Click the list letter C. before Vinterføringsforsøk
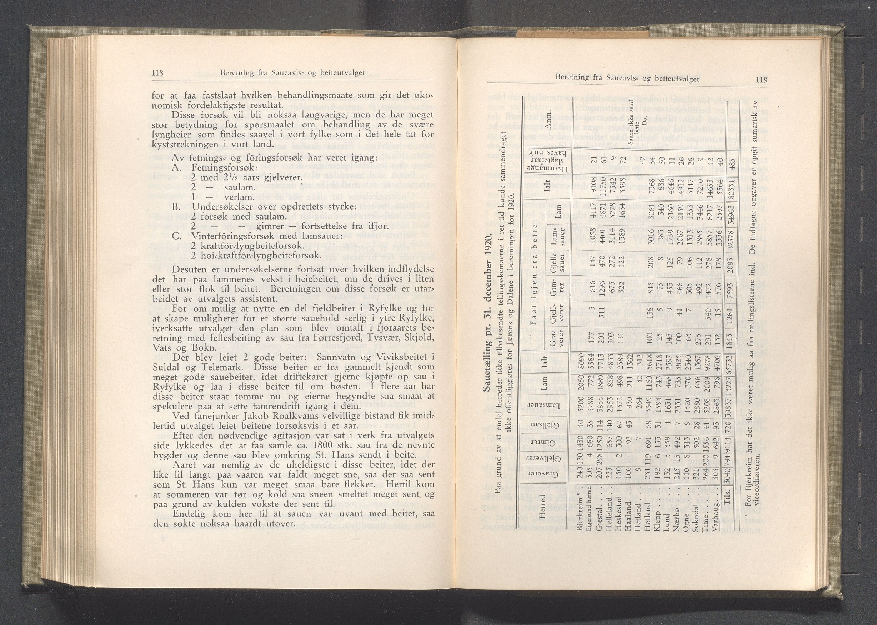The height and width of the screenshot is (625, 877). click(x=177, y=236)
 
